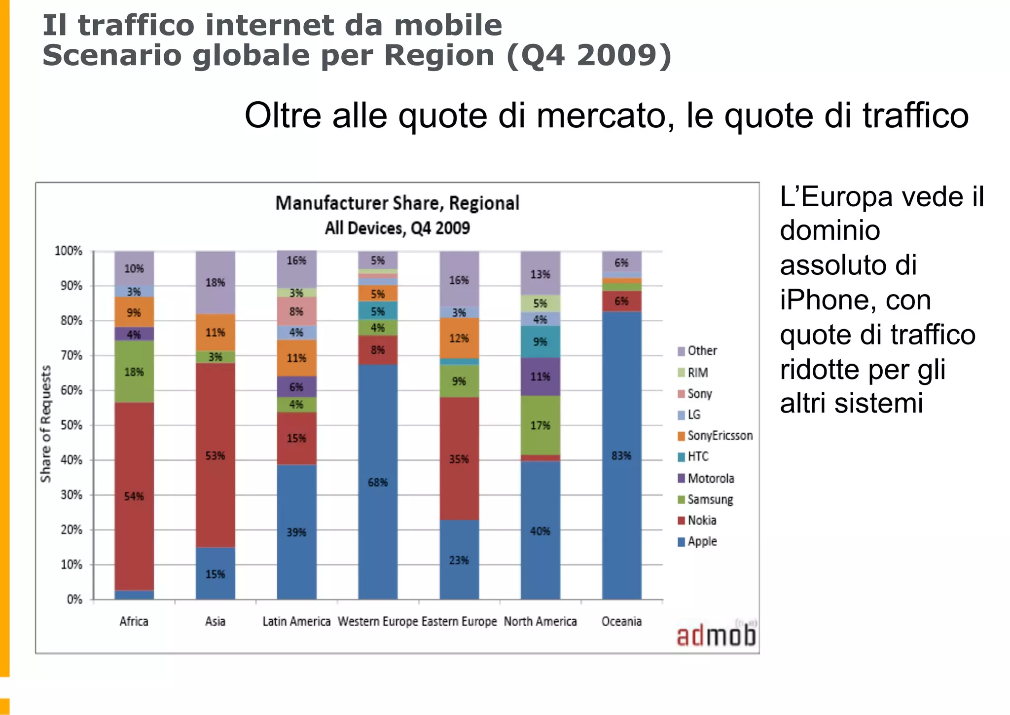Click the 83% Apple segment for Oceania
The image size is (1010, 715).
coord(621,455)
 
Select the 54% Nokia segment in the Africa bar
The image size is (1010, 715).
coord(134,496)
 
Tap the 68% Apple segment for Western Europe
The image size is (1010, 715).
coord(378,482)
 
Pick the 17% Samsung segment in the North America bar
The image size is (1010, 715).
coord(540,425)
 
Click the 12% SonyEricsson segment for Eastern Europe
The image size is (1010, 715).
coord(459,338)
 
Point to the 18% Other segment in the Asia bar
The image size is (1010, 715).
coord(215,282)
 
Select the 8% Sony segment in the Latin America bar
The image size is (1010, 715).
coord(296,311)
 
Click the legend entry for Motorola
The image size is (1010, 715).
coord(706,478)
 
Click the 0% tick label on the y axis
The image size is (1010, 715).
coord(74,599)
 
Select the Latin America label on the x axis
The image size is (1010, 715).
coord(296,621)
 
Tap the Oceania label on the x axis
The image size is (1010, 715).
coord(621,621)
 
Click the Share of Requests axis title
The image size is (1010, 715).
coord(45,424)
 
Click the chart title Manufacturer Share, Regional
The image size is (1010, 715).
coord(397,203)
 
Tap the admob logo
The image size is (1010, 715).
coord(716,636)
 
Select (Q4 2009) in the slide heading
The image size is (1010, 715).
coord(589,55)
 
